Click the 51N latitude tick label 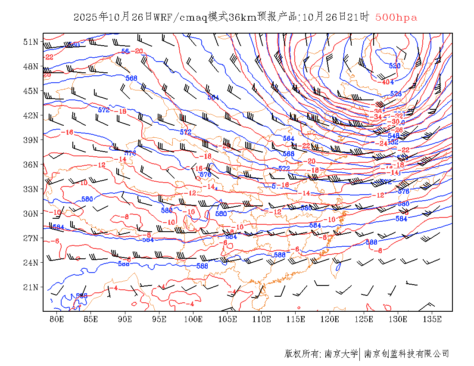pyautogui.click(x=31, y=42)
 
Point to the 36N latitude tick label pyautogui.click(x=31, y=164)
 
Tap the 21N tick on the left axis pyautogui.click(x=31, y=287)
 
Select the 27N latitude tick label pyautogui.click(x=31, y=238)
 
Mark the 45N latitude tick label pyautogui.click(x=31, y=91)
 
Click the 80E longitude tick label pyautogui.click(x=56, y=319)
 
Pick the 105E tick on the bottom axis pyautogui.click(x=228, y=319)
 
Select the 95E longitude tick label pyautogui.click(x=159, y=319)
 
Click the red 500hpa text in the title pyautogui.click(x=396, y=18)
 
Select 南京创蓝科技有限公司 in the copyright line pyautogui.click(x=406, y=354)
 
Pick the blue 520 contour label pyautogui.click(x=395, y=66)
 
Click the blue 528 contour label pyautogui.click(x=396, y=94)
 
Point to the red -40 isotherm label pyautogui.click(x=385, y=82)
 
